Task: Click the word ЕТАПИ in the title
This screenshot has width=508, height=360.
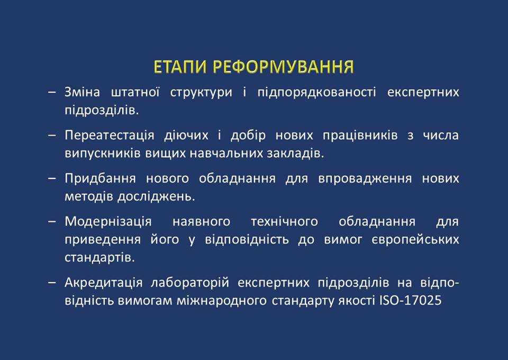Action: [x=180, y=67]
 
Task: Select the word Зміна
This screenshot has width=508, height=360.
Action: [x=83, y=92]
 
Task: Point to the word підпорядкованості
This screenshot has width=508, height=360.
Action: [x=316, y=93]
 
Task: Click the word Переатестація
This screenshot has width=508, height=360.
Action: [x=110, y=136]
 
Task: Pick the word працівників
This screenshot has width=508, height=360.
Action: [x=360, y=136]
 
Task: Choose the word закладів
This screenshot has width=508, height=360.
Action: [x=295, y=154]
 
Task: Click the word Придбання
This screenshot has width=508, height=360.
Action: [x=100, y=178]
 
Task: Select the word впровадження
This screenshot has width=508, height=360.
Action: [x=365, y=178]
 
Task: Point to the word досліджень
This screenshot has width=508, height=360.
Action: [x=156, y=197]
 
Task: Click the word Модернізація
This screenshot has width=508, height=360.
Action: [x=108, y=222]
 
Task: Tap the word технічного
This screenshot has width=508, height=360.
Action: [x=285, y=222]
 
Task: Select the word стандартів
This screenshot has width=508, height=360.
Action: [x=99, y=258]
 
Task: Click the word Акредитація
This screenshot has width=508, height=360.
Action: [x=104, y=283]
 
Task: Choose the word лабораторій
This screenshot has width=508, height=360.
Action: [x=190, y=283]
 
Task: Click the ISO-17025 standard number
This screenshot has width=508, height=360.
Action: [x=411, y=300]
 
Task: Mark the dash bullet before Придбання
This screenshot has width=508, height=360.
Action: [x=52, y=178]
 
